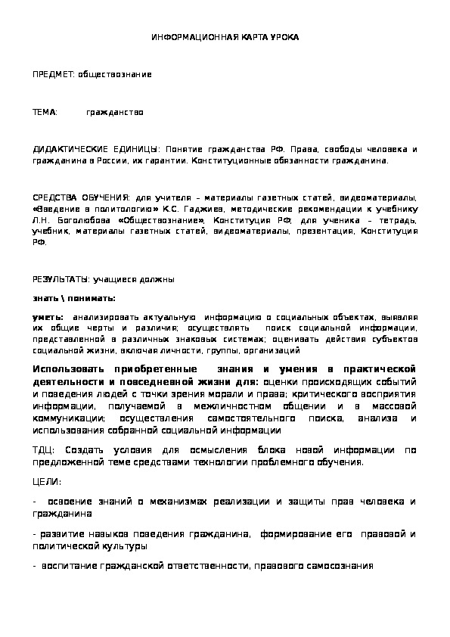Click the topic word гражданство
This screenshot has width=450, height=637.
point(115,112)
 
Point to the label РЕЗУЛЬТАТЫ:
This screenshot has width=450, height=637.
point(59,279)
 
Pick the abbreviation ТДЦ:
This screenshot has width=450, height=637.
point(44,449)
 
